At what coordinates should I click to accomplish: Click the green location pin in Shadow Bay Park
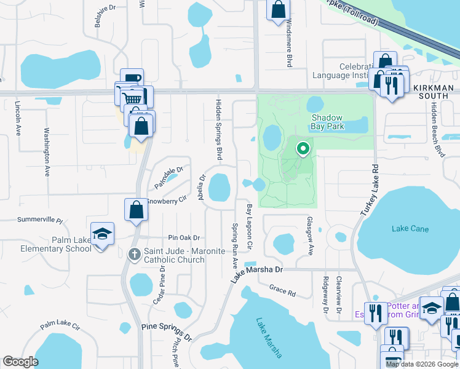pos(303,149)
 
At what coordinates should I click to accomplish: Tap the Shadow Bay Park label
pos(336,122)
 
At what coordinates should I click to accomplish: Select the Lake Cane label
pos(410,229)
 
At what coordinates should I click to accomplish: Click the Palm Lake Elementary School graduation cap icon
pos(103,234)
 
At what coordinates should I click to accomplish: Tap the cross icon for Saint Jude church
pos(135,254)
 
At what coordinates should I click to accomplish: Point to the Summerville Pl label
pos(41,220)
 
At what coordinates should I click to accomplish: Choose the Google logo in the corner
pos(21,362)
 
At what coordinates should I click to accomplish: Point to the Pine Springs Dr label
pos(167,332)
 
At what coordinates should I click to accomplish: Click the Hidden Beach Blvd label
pos(437,130)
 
